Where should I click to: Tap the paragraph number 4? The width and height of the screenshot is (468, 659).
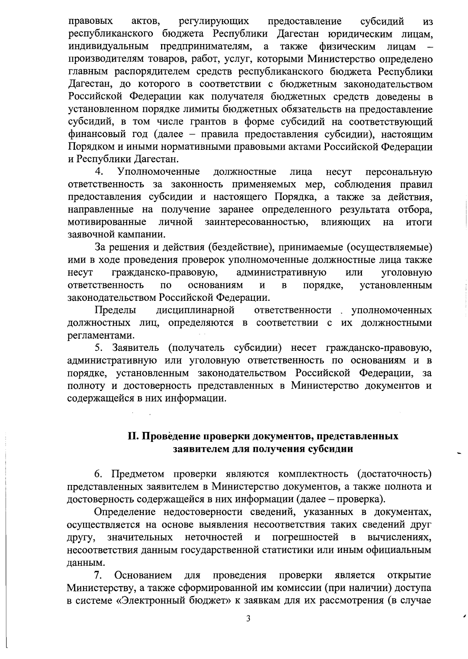click(99, 172)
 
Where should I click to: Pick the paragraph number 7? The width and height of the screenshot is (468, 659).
click(98, 575)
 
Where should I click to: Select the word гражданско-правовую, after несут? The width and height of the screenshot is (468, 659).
click(165, 272)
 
